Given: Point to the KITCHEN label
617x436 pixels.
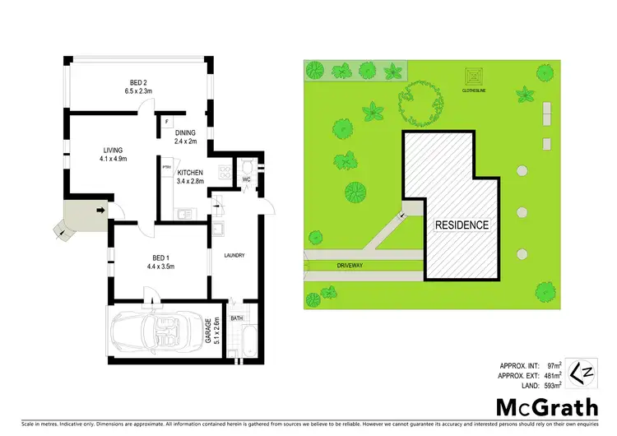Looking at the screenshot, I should pos(190,172).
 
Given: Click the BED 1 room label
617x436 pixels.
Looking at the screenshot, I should pos(161,259).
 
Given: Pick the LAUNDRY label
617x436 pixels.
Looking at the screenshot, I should pos(234,256).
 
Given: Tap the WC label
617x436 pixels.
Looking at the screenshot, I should pos(246,179).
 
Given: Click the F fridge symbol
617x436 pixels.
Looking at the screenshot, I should pos(167,122).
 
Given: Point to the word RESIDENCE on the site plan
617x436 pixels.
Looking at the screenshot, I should pos(462,224).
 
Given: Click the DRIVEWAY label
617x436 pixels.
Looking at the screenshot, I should pos(350,266).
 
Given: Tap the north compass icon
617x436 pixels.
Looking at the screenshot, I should pos(582,372).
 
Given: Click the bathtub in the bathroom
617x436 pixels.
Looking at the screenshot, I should pos(244,341).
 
